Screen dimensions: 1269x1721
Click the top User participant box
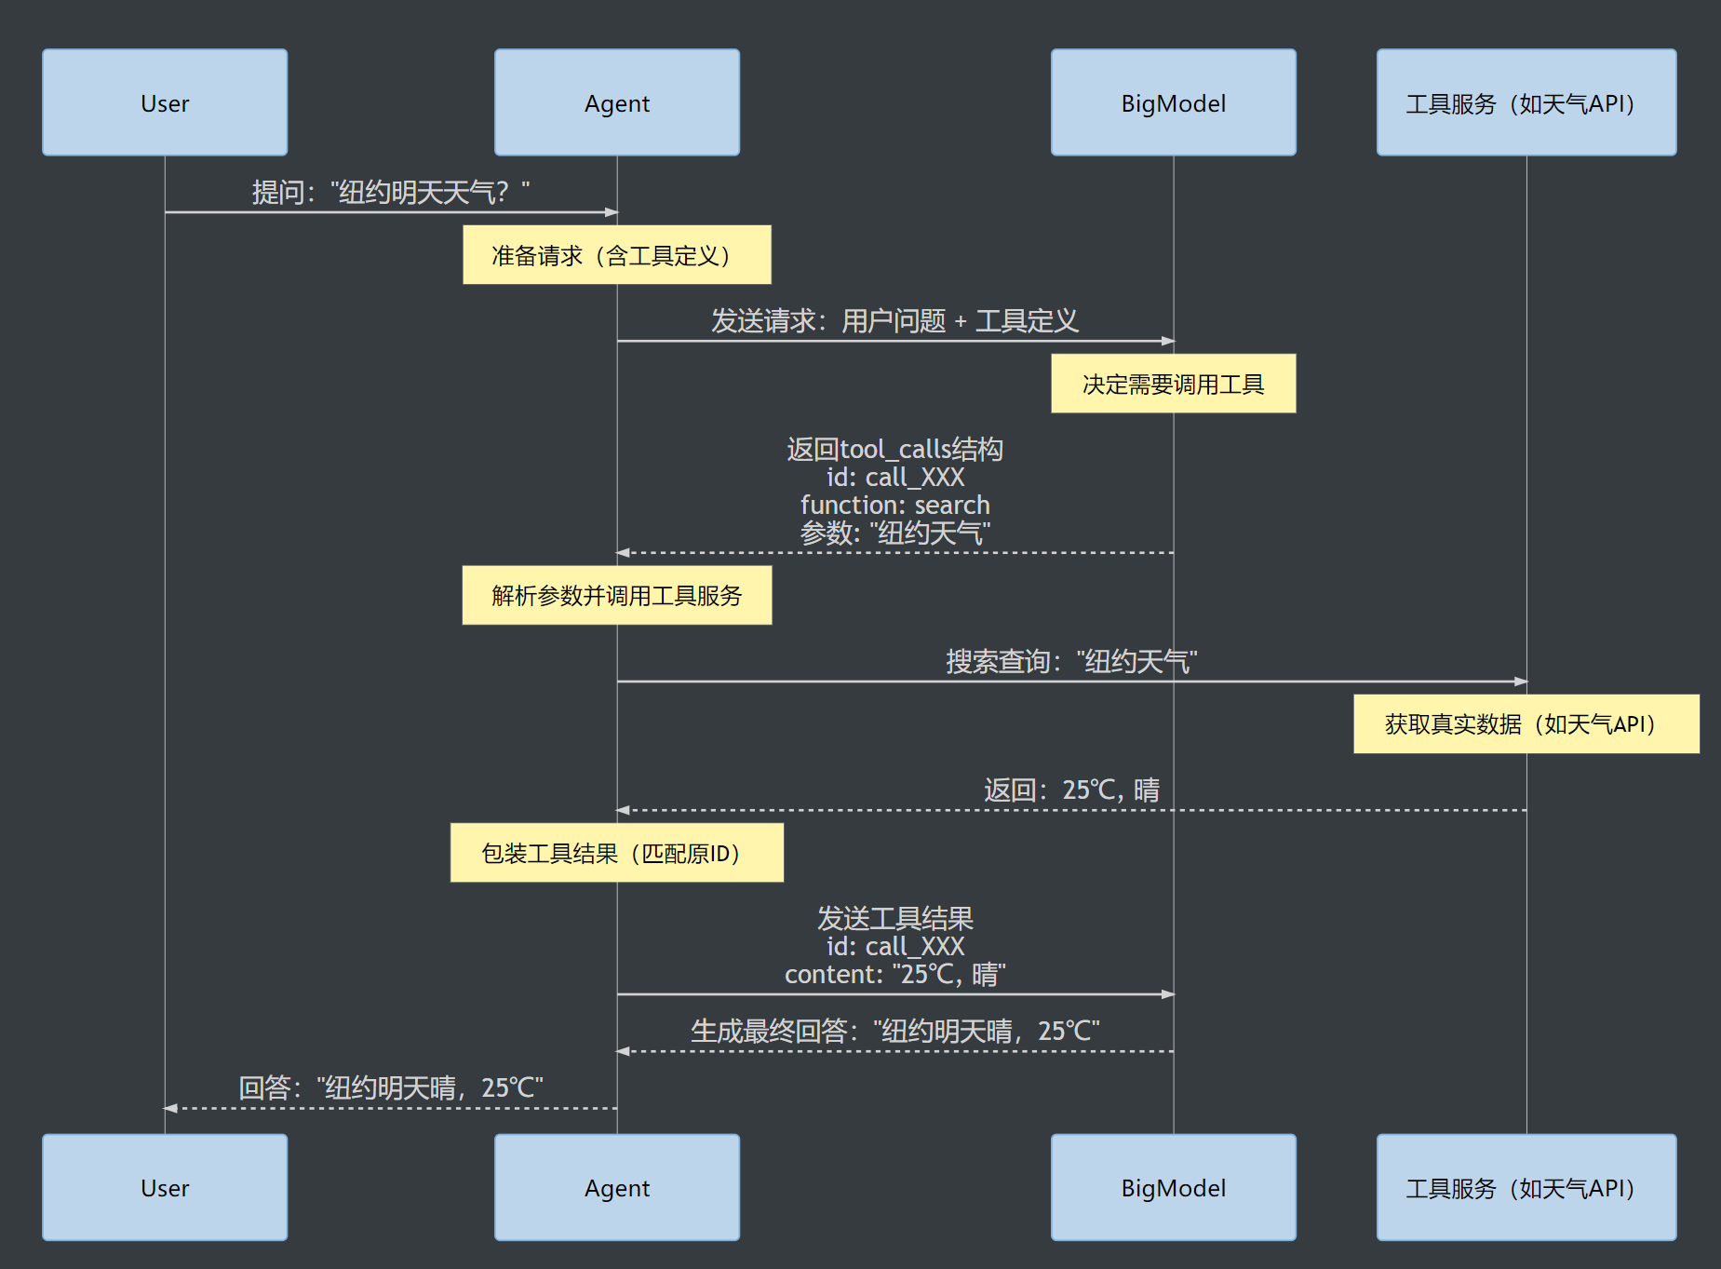165,102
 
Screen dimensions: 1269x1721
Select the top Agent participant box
617,102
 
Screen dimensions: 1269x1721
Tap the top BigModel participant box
1173,102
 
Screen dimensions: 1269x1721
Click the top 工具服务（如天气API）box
1526,102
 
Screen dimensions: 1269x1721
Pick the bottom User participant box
165,1187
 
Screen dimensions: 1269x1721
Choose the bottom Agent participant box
617,1187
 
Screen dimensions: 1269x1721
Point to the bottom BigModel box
1173,1187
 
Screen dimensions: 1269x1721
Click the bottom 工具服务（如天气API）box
1526,1187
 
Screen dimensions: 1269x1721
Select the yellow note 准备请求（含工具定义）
616,254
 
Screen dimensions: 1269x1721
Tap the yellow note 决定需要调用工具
1173,384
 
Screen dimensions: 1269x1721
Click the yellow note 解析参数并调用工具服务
616,595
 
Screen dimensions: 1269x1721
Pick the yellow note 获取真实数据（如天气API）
1526,723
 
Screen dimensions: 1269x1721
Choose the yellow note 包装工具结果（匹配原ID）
616,853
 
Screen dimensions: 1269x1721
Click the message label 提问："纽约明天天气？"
391,193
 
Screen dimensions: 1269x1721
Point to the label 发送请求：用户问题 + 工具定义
894,321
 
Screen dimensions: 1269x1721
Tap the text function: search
894,505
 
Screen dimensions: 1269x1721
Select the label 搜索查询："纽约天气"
1071,662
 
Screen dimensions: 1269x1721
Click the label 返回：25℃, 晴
1071,790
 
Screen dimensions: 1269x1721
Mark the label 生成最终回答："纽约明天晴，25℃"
894,1032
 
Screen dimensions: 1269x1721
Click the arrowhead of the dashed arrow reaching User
170,1108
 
